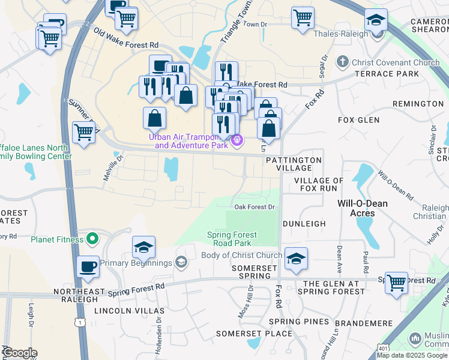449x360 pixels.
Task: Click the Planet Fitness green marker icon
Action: pyautogui.click(x=92, y=240)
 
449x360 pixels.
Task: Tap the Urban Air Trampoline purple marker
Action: pyautogui.click(x=238, y=140)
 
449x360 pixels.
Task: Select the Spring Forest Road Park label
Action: pyautogui.click(x=232, y=239)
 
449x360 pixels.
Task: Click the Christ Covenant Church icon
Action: pyautogui.click(x=342, y=62)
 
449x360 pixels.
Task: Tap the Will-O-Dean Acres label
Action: pyautogui.click(x=362, y=208)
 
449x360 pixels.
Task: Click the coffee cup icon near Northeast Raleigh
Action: pyautogui.click(x=88, y=266)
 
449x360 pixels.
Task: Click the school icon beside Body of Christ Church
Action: pyautogui.click(x=296, y=259)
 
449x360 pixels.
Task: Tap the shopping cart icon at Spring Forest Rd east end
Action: pyautogui.click(x=396, y=283)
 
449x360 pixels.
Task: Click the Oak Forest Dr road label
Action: pyautogui.click(x=255, y=207)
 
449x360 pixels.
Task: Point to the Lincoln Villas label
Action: pyautogui.click(x=129, y=311)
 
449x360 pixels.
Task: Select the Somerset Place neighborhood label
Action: pyautogui.click(x=246, y=334)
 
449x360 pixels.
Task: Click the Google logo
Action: pyautogui.click(x=20, y=353)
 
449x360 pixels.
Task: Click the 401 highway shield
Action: pyautogui.click(x=382, y=347)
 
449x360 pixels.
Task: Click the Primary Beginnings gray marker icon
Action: pyautogui.click(x=181, y=262)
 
